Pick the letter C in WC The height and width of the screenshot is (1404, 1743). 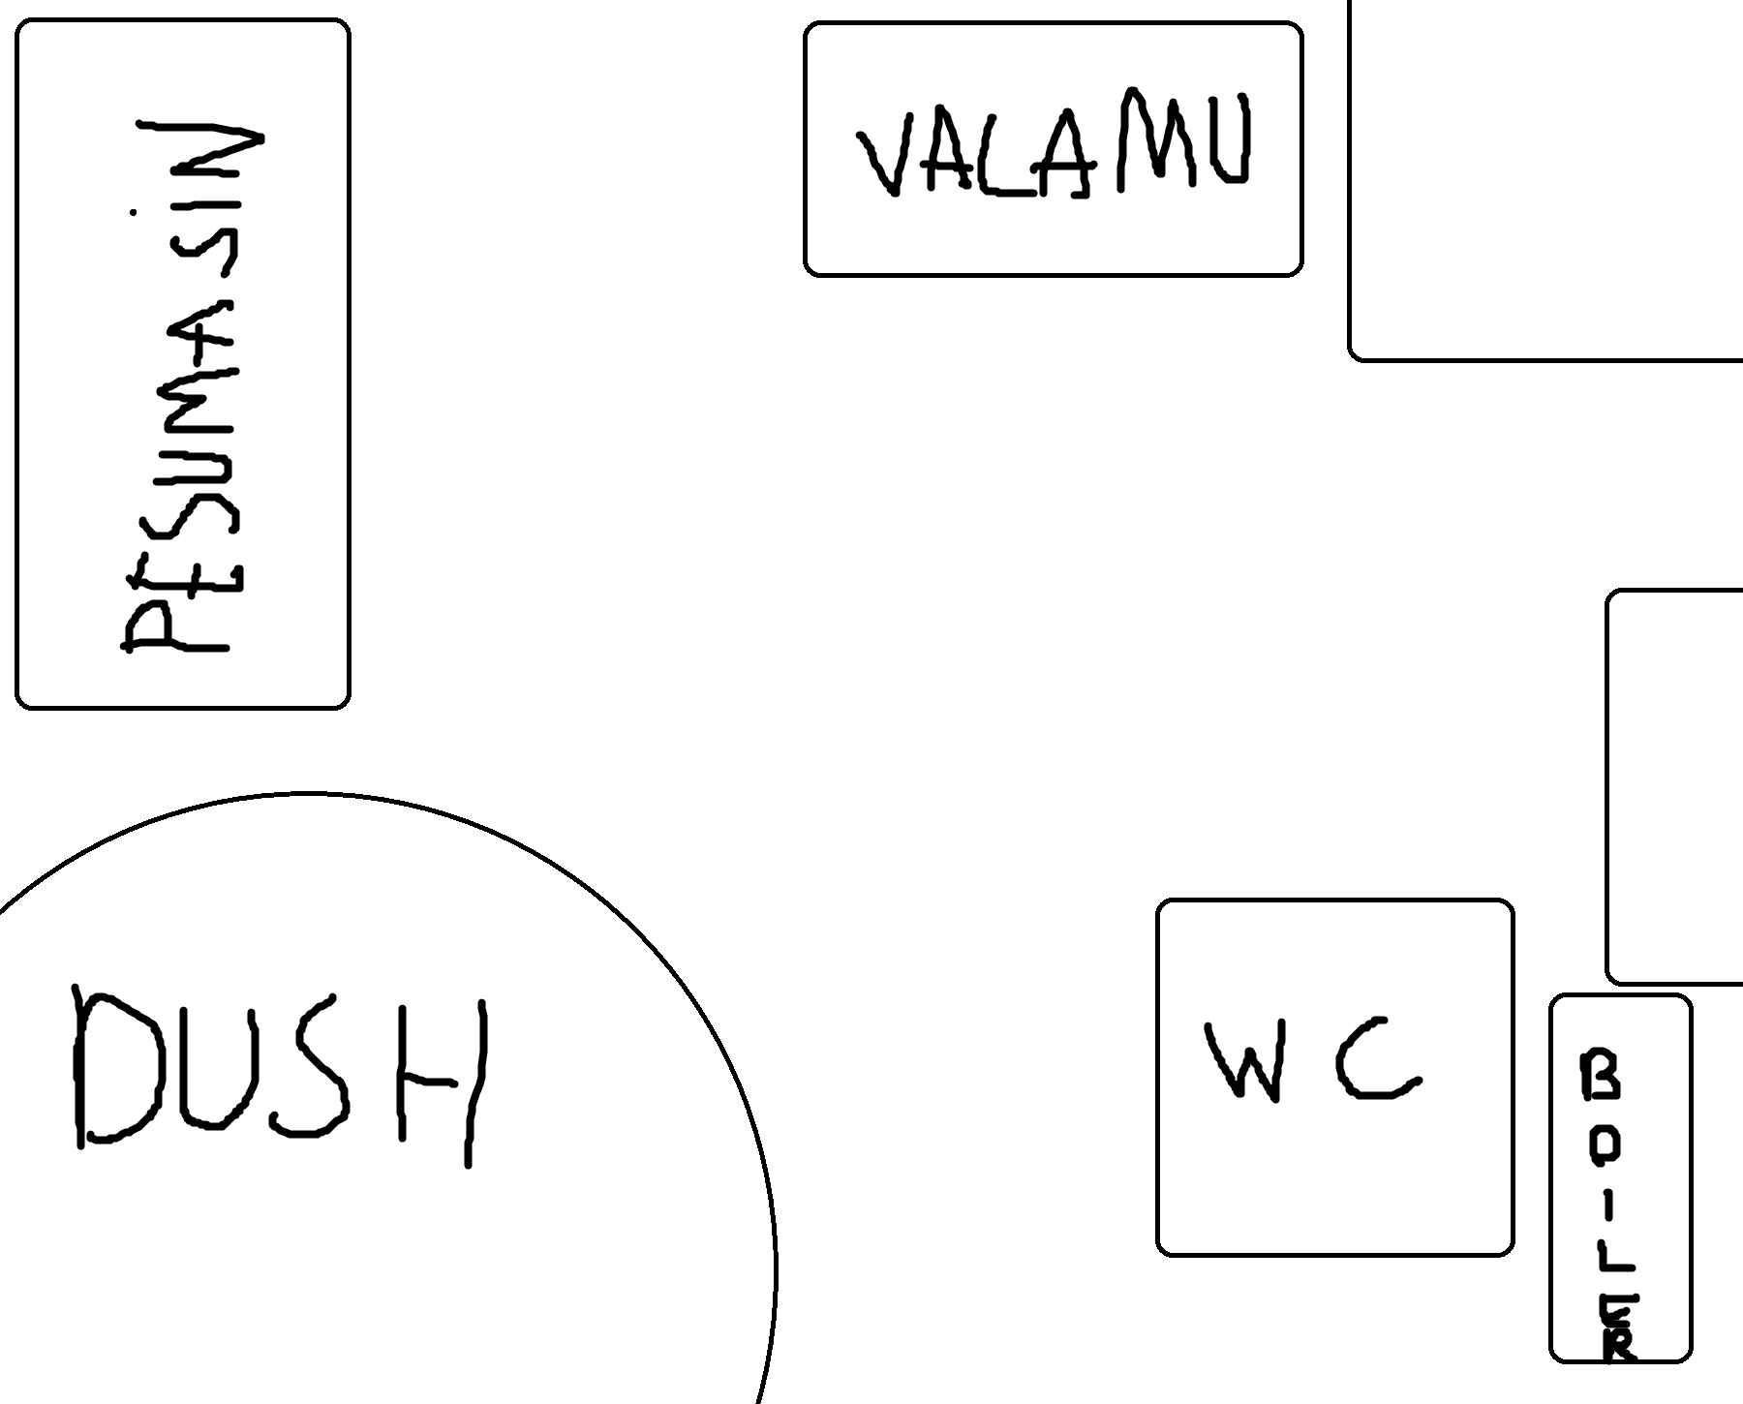coord(1375,1060)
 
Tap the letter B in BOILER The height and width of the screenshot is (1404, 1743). coord(1600,1076)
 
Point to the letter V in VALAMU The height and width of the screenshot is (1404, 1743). coord(885,155)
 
